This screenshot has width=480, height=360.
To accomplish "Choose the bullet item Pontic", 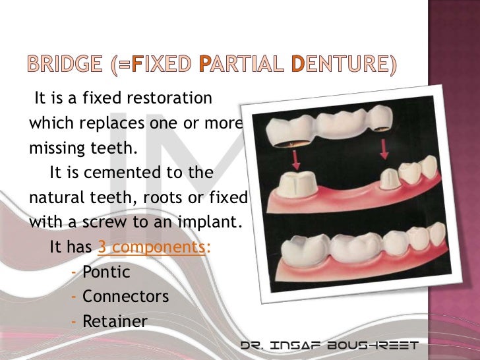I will coord(106,272).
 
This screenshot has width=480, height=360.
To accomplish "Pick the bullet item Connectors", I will coord(125,297).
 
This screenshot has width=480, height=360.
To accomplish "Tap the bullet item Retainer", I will coord(115,321).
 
